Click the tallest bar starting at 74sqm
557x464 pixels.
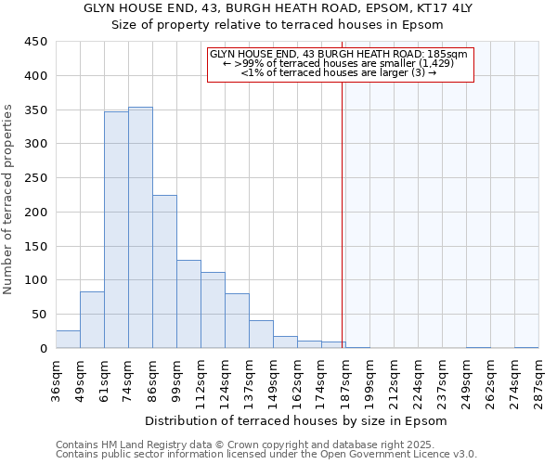pos(140,227)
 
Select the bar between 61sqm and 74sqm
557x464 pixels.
pos(116,230)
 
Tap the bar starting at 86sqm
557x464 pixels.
pos(164,272)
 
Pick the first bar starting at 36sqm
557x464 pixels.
pos(68,340)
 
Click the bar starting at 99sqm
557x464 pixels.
pos(188,304)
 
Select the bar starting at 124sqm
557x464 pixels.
pos(237,321)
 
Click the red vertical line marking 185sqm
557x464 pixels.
pos(343,213)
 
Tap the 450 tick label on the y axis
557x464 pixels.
pos(35,42)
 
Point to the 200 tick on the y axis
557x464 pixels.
pos(35,212)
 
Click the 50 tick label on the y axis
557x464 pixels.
pos(39,315)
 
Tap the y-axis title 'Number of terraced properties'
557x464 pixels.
pos(9,200)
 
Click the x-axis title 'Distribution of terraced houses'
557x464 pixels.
pos(296,420)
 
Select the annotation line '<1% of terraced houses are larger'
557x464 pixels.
pos(339,72)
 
